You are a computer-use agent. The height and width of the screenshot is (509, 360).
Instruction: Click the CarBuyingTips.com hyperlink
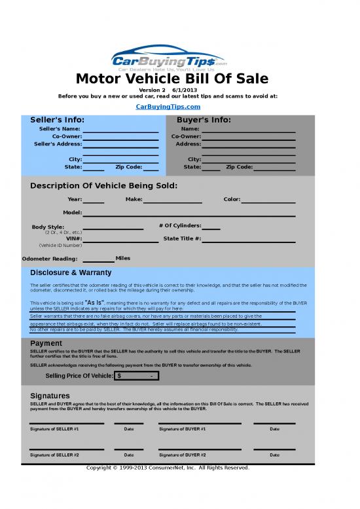tap(168, 106)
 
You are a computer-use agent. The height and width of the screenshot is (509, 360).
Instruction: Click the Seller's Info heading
tap(57, 120)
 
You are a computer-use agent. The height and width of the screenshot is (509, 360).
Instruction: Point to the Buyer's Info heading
tap(204, 120)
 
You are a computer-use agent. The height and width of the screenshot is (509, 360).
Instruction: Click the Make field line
tap(173, 201)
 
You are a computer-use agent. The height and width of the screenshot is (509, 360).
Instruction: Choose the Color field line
tap(268, 201)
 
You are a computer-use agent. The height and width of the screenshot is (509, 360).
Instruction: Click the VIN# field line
tap(120, 240)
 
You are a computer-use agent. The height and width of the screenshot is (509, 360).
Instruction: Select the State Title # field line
tap(249, 240)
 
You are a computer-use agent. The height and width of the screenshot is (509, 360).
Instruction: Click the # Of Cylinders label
tap(180, 226)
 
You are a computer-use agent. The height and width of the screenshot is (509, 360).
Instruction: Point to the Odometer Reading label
tap(49, 259)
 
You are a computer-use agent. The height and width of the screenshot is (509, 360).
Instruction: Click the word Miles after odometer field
tap(123, 258)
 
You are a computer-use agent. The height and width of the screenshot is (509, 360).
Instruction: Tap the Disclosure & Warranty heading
tap(71, 273)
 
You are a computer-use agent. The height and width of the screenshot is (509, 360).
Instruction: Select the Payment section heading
tap(46, 343)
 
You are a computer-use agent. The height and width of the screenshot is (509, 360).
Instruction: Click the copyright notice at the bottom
tap(168, 468)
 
